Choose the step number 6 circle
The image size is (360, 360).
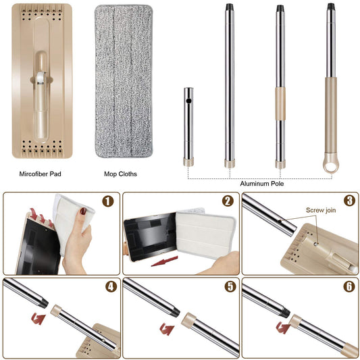[x=349, y=286]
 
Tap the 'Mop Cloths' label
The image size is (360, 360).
[x=120, y=174]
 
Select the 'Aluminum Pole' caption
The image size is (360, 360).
[x=261, y=183]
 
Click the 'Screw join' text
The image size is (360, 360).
[x=321, y=210]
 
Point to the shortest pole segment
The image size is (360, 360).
[x=189, y=125]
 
